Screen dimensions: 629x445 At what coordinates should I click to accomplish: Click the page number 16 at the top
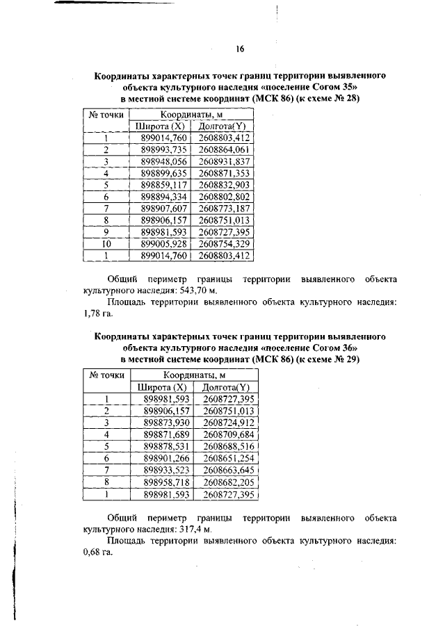pos(240,48)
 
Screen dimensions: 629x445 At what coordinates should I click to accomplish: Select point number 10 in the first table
pos(106,245)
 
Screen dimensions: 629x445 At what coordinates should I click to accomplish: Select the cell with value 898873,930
pos(165,423)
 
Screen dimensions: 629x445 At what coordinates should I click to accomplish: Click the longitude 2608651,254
pos(229,459)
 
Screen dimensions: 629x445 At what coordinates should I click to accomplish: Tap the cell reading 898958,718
pos(165,482)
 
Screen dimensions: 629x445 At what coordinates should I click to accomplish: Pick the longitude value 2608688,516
pos(229,446)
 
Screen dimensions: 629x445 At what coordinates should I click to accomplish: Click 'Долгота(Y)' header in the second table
pos(229,386)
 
